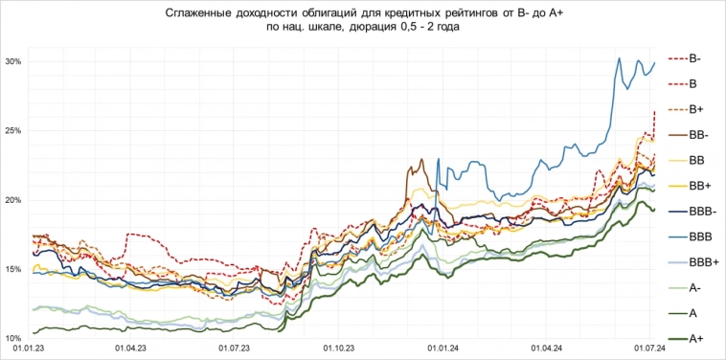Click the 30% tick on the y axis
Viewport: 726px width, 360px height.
click(x=13, y=61)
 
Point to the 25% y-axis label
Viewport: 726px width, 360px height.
click(x=13, y=130)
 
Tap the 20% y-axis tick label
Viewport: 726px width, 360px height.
click(x=13, y=200)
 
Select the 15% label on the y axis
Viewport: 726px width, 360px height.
click(x=13, y=269)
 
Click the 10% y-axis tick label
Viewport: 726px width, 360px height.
click(x=13, y=339)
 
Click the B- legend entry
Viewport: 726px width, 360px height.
click(x=696, y=59)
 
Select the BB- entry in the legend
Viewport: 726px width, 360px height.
click(x=698, y=135)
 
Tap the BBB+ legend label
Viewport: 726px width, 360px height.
click(x=703, y=261)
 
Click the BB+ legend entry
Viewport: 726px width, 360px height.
click(x=699, y=186)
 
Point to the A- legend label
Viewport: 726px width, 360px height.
click(x=695, y=287)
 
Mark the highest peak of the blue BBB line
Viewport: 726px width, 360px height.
click(x=620, y=58)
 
